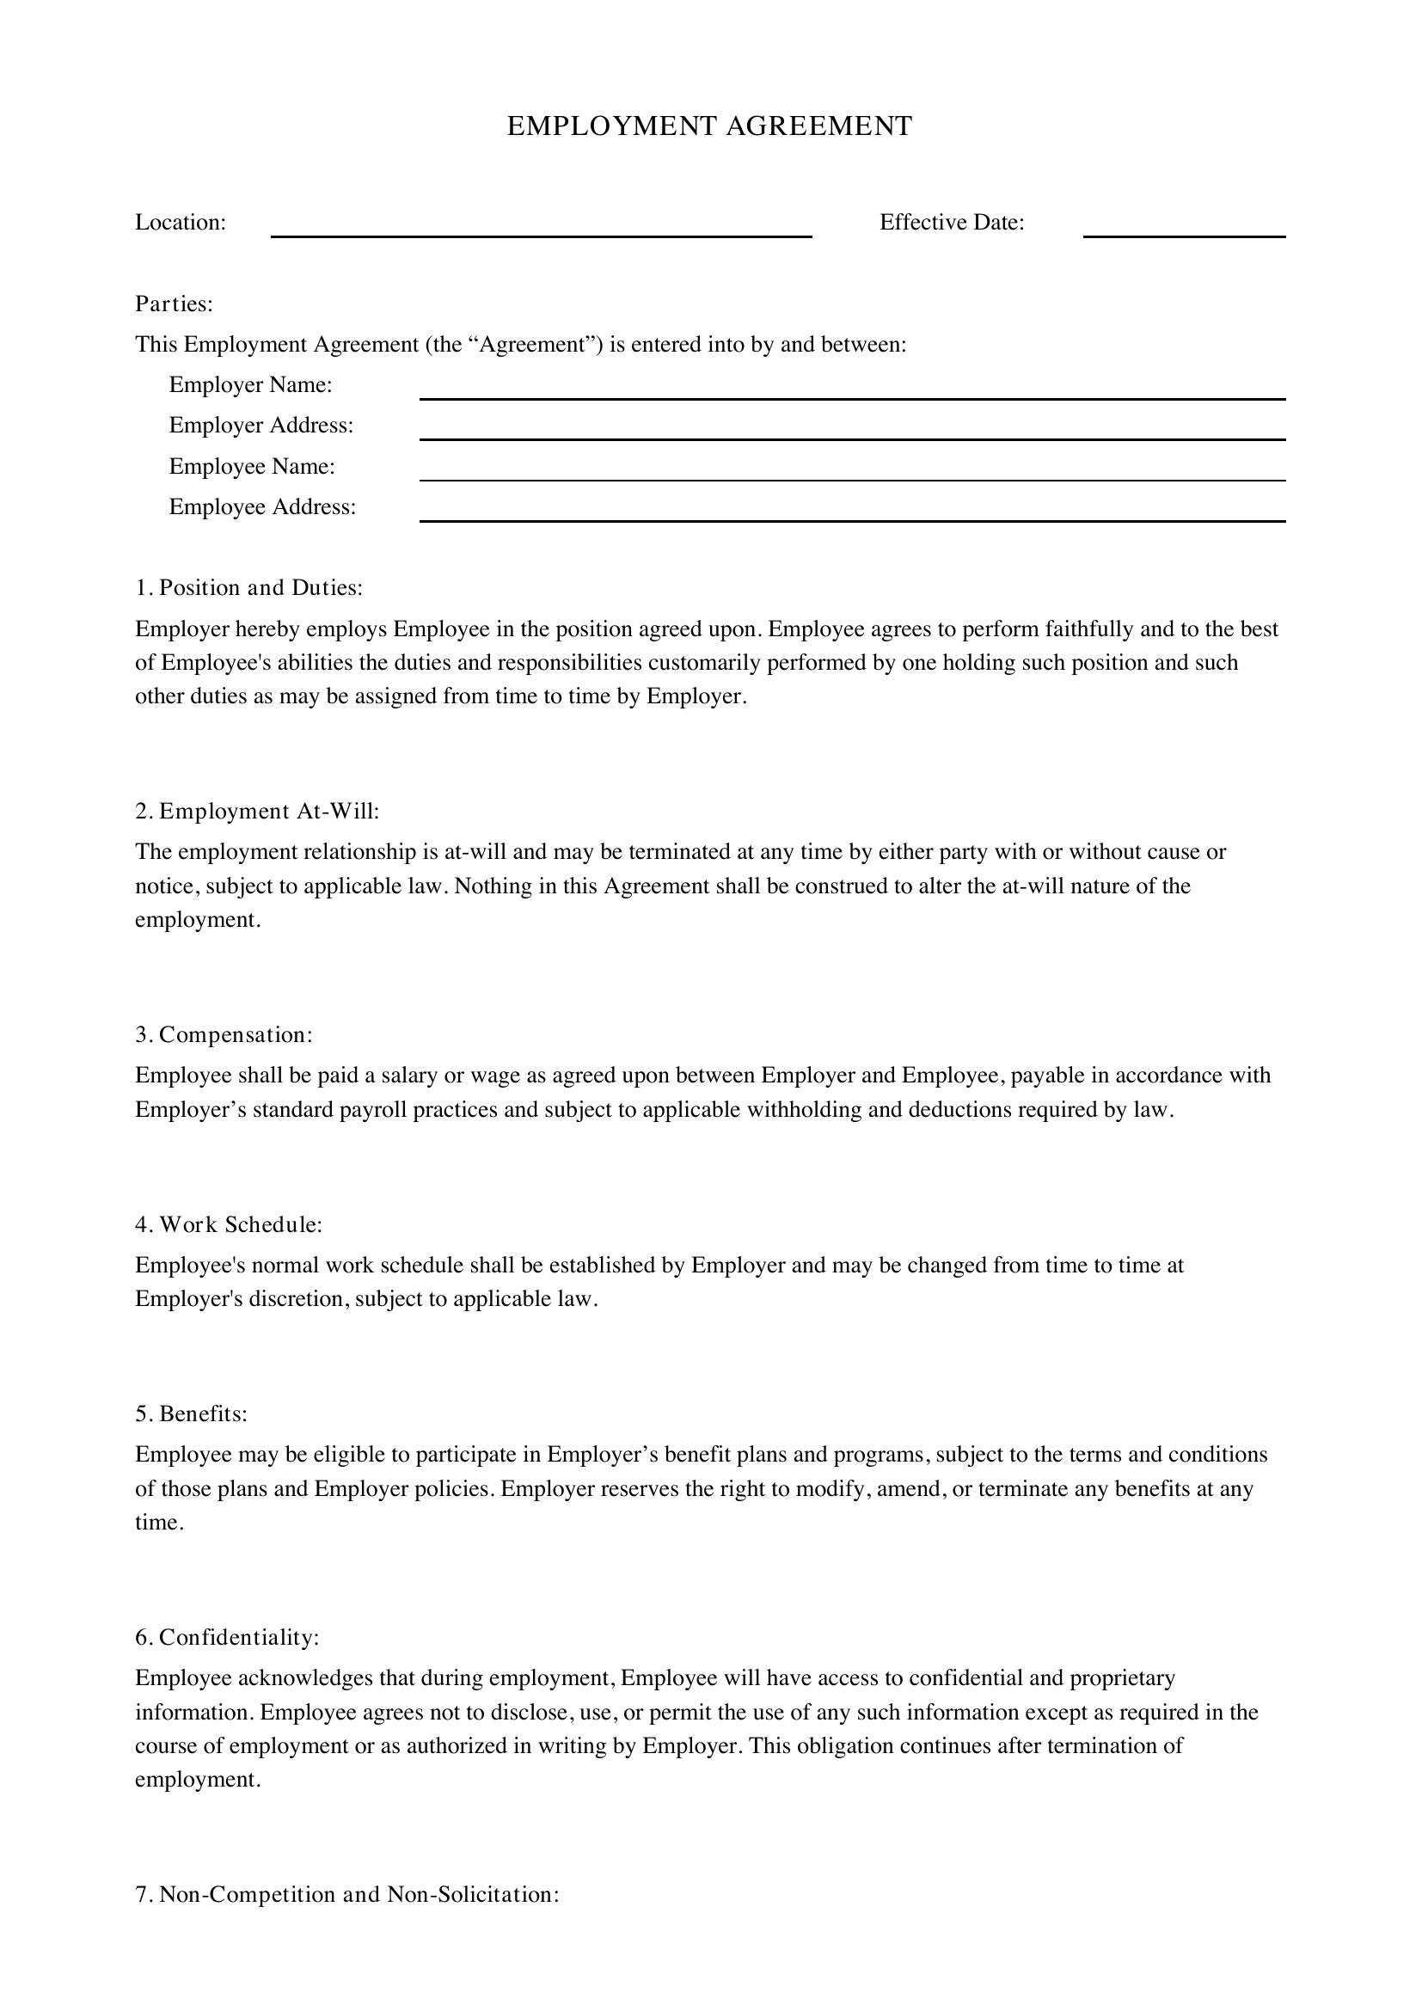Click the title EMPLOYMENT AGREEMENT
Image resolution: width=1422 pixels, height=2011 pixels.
tap(709, 126)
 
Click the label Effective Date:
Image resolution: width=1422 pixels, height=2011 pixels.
tap(952, 223)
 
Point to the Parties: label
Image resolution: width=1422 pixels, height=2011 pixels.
tap(175, 303)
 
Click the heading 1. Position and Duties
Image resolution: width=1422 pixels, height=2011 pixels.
tap(248, 588)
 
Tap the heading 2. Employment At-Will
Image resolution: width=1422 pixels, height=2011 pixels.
tap(257, 811)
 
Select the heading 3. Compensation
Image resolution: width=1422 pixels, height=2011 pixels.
tap(224, 1034)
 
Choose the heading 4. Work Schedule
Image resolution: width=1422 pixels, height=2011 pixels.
tap(230, 1224)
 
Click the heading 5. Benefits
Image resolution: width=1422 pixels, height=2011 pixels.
tap(192, 1413)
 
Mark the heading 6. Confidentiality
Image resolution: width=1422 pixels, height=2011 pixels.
tap(228, 1637)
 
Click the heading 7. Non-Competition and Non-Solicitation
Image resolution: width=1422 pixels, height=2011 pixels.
tap(347, 1895)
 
